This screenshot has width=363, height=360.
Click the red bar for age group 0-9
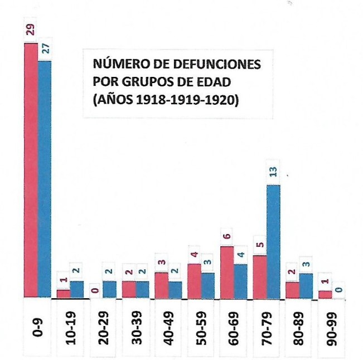31,170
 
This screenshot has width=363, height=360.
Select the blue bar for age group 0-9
44,178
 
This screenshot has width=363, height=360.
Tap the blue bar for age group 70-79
273,241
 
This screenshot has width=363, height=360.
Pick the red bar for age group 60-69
227,272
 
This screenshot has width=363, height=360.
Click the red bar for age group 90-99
325,294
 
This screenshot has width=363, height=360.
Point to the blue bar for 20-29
109,289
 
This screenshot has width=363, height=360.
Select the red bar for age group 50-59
194,280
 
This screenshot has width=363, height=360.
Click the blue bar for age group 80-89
306,285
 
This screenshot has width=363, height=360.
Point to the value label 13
273,174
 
